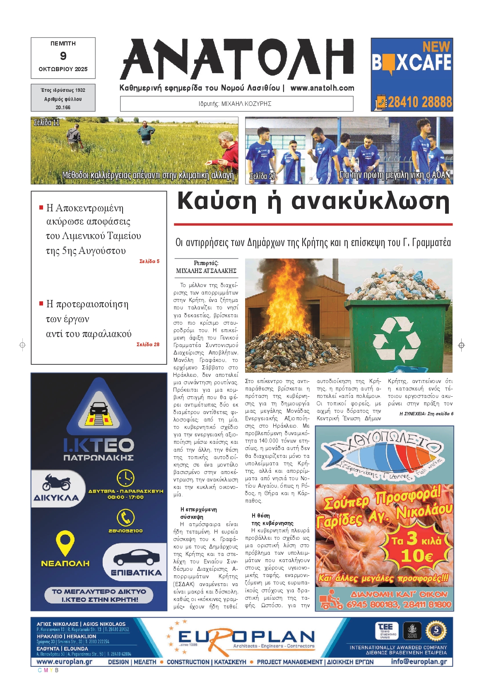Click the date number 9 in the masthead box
pos(63,56)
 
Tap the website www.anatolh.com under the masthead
pos(322,88)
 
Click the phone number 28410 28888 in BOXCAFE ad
pos(419,102)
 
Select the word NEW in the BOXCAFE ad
pos(436,46)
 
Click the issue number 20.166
pos(63,107)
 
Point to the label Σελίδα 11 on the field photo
pos(46,122)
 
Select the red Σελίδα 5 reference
pos(149,261)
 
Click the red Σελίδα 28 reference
pos(148,344)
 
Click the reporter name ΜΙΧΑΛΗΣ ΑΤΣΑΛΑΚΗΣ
pos(206,271)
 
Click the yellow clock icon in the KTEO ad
pos(125,478)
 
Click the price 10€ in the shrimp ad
pos(417,556)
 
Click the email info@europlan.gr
pos(419,661)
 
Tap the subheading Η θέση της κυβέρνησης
pos(272,520)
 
